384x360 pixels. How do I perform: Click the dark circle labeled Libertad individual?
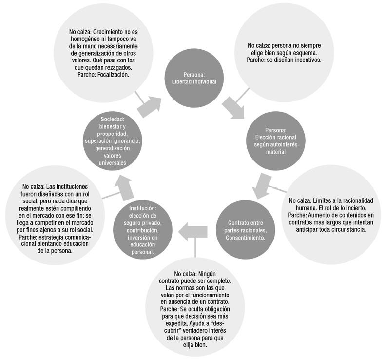pyautogui.click(x=194, y=78)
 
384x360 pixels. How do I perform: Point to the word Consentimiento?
pyautogui.click(x=246, y=238)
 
